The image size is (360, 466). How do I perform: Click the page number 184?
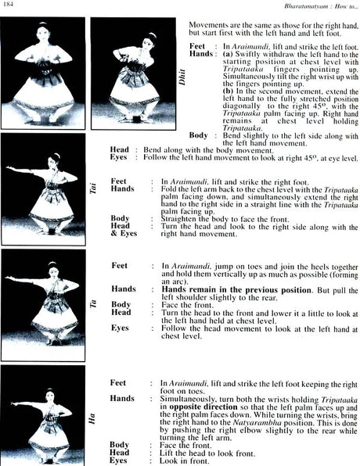pyautogui.click(x=9, y=7)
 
